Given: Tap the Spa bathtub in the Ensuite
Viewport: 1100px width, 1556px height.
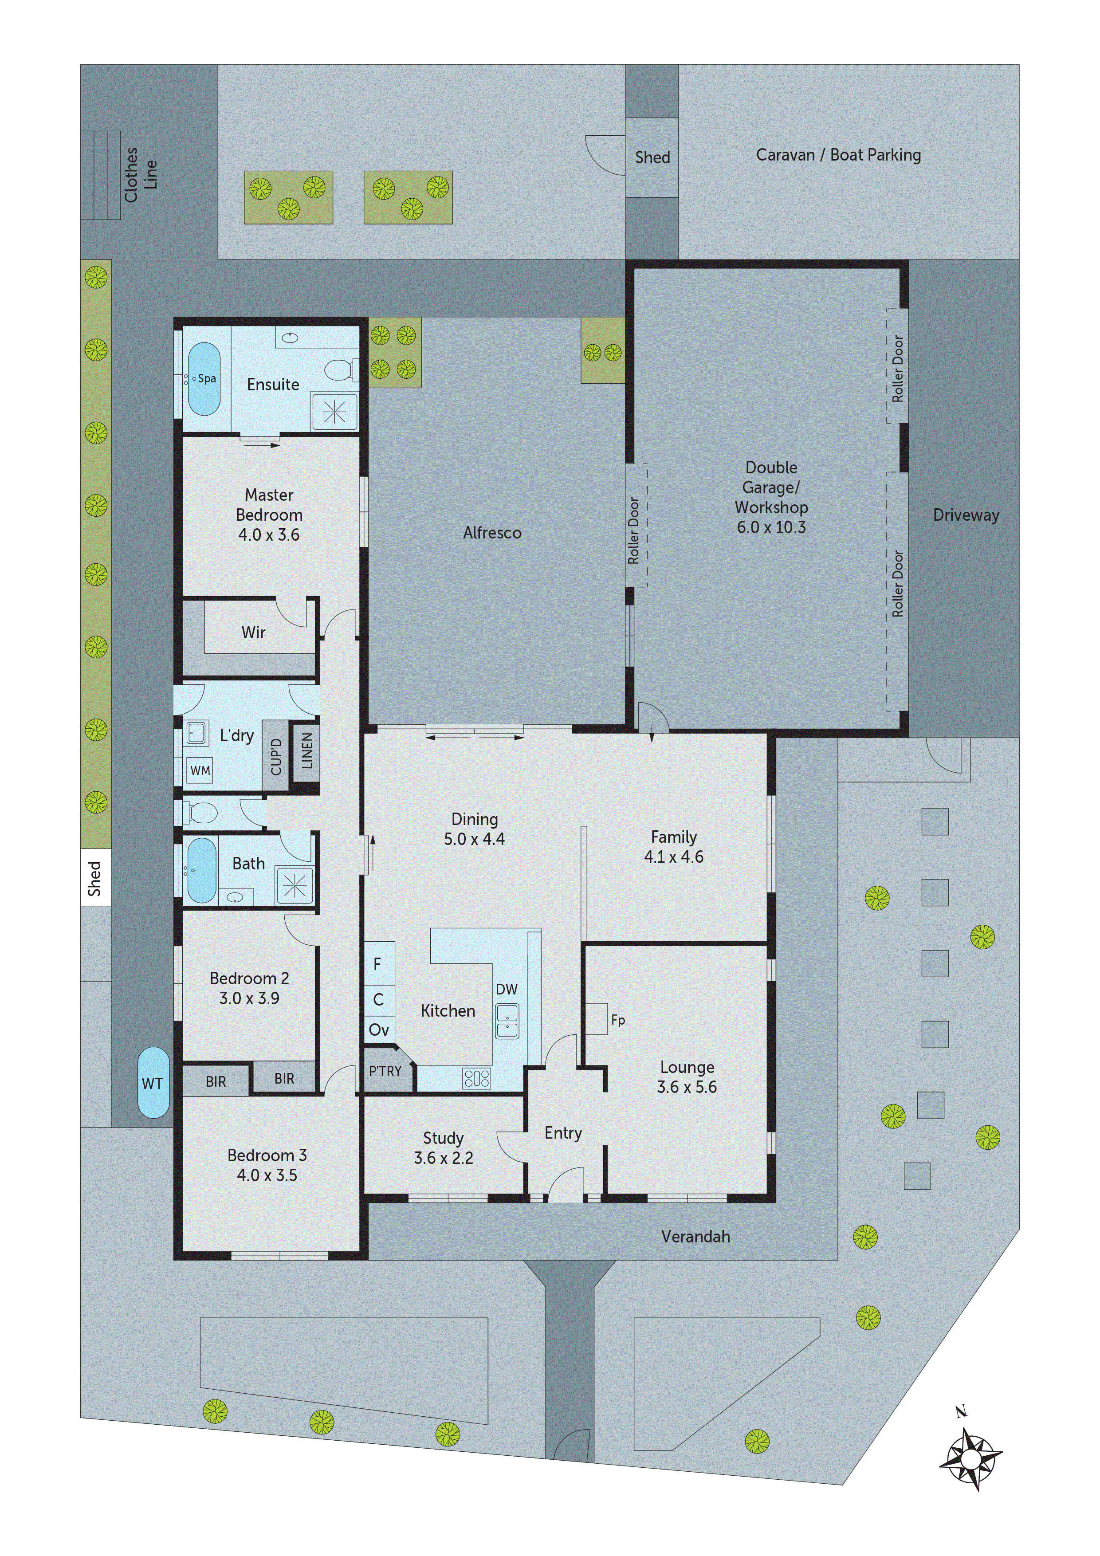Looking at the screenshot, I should pos(204,379).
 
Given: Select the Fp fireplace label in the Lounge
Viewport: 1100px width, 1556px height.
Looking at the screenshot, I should pos(617,1020).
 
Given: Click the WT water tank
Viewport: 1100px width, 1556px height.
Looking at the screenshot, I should pos(153,1083).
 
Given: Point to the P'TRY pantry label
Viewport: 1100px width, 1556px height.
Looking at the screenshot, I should pos(385,1072).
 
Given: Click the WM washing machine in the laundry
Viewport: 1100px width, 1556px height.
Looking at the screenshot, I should pos(200,770).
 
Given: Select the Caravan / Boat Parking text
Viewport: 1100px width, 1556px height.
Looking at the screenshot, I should pos(838,155).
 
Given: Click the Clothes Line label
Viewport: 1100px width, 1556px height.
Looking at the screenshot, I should pos(140,175).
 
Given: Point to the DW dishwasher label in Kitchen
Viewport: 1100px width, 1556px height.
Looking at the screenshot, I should pos(506,990).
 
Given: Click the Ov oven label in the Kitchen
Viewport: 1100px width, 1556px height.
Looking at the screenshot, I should pos(379,1030).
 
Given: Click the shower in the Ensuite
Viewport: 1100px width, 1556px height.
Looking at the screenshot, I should pos(334,411).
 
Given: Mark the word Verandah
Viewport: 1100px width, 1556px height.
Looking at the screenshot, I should pos(695,1237).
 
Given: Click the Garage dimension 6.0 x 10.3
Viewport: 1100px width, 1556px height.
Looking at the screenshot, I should pos(771,527).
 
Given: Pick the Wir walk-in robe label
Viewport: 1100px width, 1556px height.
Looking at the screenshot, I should pos(253,633).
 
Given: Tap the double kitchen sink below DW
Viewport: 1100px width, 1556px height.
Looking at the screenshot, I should pos(507,1022).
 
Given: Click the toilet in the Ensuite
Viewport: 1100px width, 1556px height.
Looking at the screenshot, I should pos(340,370).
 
